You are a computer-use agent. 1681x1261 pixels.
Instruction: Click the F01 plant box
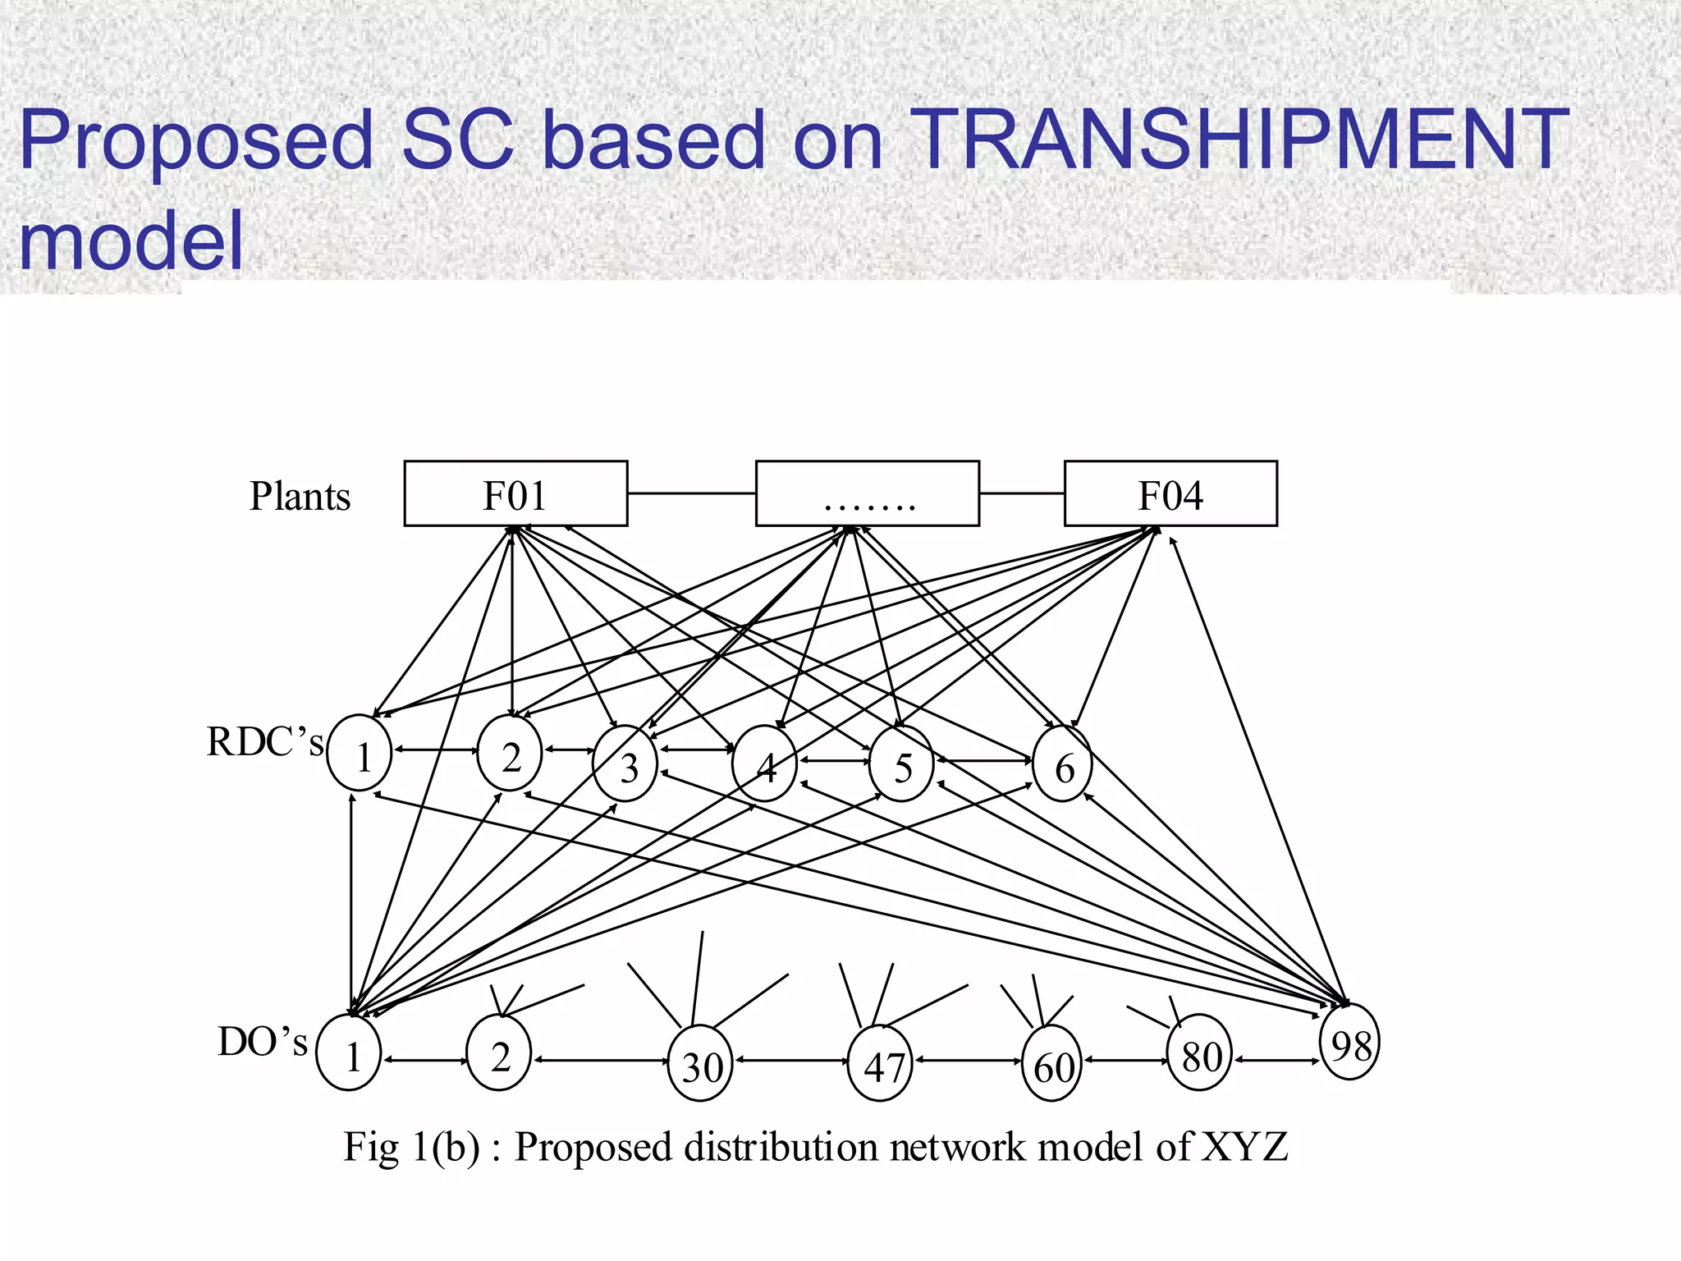tap(515, 493)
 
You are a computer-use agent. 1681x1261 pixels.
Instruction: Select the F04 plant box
tap(1170, 493)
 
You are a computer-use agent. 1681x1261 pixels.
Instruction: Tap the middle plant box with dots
tap(867, 493)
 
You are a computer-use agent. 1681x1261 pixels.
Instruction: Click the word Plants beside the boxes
tap(300, 496)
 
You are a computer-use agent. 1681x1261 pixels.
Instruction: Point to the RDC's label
tap(264, 742)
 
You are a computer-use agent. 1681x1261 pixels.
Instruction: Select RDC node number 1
tap(360, 754)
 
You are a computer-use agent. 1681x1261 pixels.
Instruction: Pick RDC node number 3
tap(625, 763)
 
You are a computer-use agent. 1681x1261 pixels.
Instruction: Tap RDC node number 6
tap(1063, 763)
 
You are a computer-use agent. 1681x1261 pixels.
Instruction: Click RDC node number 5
tap(902, 763)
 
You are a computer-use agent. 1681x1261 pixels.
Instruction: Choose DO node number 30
tap(700, 1063)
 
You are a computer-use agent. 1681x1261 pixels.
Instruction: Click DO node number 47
tap(881, 1063)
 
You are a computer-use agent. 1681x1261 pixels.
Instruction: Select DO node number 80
tap(1200, 1052)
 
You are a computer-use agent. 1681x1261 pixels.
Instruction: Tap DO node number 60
tap(1052, 1063)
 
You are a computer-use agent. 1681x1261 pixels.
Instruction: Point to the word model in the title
tap(131, 240)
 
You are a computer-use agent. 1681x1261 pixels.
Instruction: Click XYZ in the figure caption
tap(1244, 1147)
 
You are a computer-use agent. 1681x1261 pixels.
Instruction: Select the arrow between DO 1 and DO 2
tap(424, 1061)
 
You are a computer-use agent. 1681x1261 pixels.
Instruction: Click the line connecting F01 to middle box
tap(691, 493)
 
